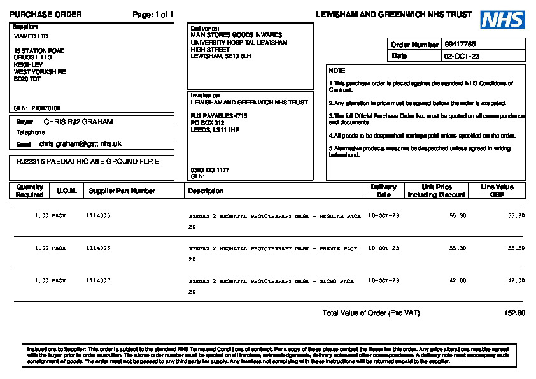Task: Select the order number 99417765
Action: click(460, 45)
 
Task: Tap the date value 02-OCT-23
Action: click(462, 56)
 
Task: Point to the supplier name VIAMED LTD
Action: click(31, 36)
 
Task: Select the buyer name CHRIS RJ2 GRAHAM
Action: click(78, 121)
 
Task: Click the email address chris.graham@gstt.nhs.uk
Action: click(80, 144)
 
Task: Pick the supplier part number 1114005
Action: click(98, 216)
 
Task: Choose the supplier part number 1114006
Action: click(98, 248)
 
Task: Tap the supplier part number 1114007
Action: click(98, 280)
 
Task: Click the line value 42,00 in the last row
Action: click(516, 280)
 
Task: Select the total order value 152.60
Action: click(514, 313)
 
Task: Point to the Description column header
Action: click(206, 190)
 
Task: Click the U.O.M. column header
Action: click(66, 190)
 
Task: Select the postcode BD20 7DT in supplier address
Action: click(27, 79)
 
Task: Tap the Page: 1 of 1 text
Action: click(153, 15)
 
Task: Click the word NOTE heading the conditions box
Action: click(337, 71)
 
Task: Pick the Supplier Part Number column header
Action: click(122, 190)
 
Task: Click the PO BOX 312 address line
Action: click(208, 122)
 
